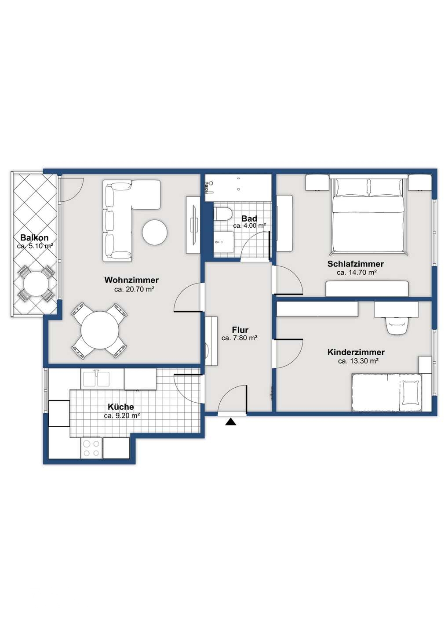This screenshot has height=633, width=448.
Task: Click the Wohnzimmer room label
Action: [131, 280]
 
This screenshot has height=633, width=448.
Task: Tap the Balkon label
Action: [34, 238]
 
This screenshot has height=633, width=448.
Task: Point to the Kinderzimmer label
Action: [356, 353]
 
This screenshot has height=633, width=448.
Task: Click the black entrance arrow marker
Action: [231, 422]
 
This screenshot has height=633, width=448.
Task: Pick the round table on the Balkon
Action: [36, 284]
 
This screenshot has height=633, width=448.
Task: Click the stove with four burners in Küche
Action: [91, 448]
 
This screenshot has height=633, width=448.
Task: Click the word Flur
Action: [240, 330]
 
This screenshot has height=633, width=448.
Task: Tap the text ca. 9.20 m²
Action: [122, 416]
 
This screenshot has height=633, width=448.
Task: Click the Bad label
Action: [249, 218]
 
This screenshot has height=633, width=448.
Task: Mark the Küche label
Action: [121, 407]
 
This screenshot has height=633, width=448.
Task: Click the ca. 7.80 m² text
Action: [239, 338]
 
